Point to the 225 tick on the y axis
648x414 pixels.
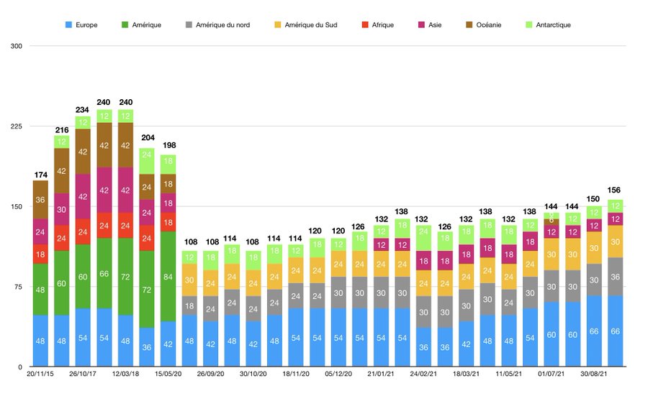[15, 126]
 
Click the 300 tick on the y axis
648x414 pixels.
[15, 46]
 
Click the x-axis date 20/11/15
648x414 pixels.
[40, 374]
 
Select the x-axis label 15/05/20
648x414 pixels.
[168, 374]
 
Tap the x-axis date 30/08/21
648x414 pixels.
[594, 374]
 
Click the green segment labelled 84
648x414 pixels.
[168, 276]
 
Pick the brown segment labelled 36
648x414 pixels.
[40, 200]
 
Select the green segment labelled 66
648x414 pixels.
[104, 273]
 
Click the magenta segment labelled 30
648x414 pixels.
[62, 210]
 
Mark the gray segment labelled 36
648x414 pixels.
[616, 277]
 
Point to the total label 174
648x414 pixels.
[40, 175]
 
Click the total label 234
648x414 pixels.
[83, 110]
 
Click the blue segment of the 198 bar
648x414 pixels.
[168, 344]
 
